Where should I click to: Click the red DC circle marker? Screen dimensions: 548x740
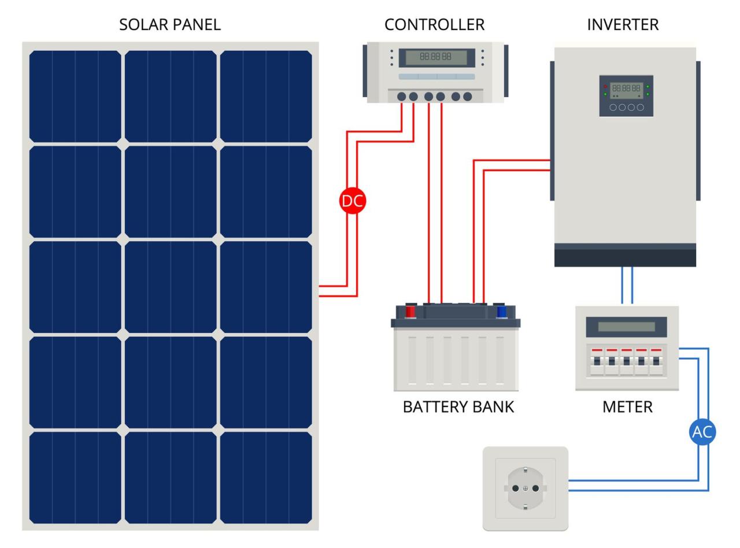[x=353, y=201]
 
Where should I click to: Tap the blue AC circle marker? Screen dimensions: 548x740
[x=702, y=432]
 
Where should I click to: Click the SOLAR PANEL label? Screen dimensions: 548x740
[x=169, y=25]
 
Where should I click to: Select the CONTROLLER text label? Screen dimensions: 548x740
[x=434, y=25]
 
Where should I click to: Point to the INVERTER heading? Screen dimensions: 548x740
[x=623, y=25]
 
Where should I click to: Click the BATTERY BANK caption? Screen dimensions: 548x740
[x=458, y=407]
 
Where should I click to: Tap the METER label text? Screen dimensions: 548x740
[x=627, y=407]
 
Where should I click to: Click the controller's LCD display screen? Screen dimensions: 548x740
[x=436, y=57]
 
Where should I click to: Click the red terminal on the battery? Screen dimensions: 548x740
[x=410, y=312]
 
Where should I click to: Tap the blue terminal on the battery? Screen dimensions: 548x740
[x=501, y=312]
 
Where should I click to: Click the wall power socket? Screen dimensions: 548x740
[x=525, y=488]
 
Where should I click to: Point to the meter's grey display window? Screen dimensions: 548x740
[x=626, y=327]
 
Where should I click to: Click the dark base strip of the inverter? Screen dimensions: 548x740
[x=625, y=256]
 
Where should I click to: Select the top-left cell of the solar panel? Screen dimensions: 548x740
[x=75, y=96]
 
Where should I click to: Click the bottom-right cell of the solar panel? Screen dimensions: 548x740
[x=266, y=477]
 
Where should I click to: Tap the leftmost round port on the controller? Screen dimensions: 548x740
[x=402, y=97]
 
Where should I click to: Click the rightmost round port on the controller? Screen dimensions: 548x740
[x=468, y=97]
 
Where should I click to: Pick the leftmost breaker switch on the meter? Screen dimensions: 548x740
[x=597, y=361]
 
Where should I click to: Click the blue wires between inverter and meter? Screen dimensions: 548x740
[x=627, y=285]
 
